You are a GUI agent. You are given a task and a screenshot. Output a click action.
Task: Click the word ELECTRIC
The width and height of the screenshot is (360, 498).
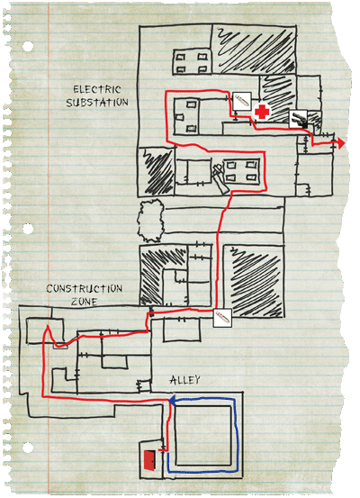(x=97, y=89)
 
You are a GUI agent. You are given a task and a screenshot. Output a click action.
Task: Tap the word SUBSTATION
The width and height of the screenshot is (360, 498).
(x=97, y=103)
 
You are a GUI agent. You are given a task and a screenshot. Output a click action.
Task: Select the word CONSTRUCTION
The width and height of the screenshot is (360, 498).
(x=85, y=289)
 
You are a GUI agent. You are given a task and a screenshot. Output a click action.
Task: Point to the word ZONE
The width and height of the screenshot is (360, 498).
(x=84, y=301)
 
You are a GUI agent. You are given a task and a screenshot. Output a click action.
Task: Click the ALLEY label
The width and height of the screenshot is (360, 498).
(x=184, y=380)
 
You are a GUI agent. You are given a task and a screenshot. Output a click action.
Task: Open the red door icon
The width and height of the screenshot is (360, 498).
(x=149, y=460)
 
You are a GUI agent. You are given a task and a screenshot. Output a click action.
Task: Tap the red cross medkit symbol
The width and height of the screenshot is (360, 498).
(x=262, y=112)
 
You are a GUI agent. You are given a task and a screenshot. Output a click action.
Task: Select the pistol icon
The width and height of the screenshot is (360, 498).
(x=299, y=120)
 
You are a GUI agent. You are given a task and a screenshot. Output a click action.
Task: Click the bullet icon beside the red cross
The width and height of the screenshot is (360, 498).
(x=242, y=102)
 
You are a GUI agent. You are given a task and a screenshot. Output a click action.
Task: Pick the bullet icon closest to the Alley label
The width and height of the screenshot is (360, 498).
(x=222, y=318)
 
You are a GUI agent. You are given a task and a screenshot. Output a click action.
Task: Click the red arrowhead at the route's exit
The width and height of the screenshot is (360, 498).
(x=340, y=143)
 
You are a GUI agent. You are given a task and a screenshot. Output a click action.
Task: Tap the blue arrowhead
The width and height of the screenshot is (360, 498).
(x=172, y=401)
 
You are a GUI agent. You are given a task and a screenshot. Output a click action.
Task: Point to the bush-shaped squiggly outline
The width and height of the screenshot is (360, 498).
(x=150, y=221)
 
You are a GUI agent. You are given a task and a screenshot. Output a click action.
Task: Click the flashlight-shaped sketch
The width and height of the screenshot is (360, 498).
(x=220, y=178)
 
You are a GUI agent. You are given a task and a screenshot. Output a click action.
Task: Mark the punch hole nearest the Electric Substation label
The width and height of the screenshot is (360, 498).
(x=28, y=46)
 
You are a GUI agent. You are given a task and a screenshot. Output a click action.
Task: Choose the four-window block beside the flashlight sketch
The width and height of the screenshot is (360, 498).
(x=240, y=171)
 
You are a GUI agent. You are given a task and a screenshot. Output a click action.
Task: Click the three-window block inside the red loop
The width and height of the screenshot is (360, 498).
(x=186, y=116)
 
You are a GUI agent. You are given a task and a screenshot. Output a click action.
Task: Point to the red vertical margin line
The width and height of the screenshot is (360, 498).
(x=49, y=249)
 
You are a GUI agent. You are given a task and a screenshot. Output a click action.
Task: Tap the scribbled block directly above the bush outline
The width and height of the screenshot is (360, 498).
(x=157, y=172)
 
